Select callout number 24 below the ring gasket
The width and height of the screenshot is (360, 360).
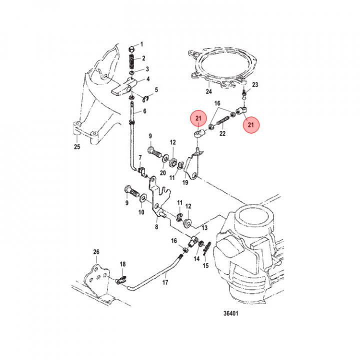click(x=209, y=91)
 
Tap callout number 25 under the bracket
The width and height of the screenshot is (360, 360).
click(x=76, y=147)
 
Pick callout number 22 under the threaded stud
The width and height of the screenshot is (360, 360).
click(x=222, y=133)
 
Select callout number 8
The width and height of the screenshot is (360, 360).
click(x=156, y=227)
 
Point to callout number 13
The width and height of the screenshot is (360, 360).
click(x=204, y=227)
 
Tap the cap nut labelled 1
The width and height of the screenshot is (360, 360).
click(x=131, y=49)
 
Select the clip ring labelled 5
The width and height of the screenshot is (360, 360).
click(x=147, y=96)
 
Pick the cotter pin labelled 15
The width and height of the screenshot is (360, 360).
click(x=208, y=248)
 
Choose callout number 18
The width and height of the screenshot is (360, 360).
click(x=122, y=264)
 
